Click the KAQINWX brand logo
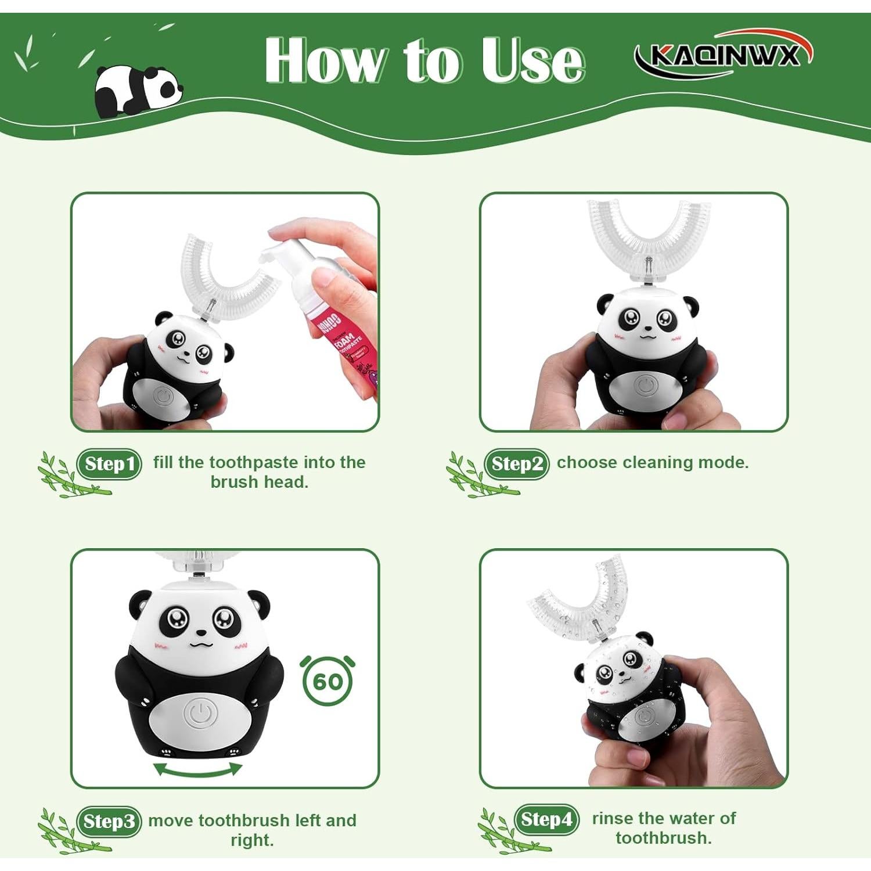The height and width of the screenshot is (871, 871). click(x=723, y=55)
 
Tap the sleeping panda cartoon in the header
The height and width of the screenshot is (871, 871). click(x=138, y=90)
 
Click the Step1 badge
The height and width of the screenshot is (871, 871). click(x=109, y=464)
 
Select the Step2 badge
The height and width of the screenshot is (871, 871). click(x=517, y=464)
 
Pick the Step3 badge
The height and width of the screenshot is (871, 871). click(x=109, y=822)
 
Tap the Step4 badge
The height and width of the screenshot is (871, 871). click(x=546, y=819)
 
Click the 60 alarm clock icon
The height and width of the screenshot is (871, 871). click(x=328, y=681)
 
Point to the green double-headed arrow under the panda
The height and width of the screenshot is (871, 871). click(x=197, y=770)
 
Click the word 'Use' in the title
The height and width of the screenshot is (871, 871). click(x=532, y=61)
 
